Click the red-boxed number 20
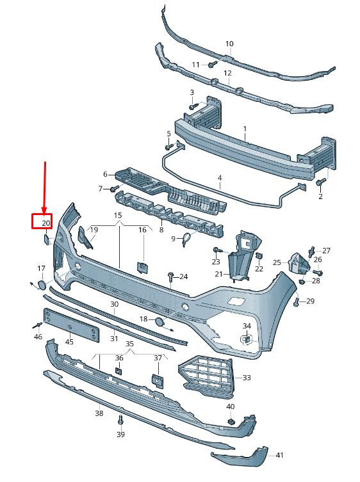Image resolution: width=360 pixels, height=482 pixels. point(46,223)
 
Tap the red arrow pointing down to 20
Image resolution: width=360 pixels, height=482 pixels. point(45,188)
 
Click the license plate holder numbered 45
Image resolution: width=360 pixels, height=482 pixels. point(71,325)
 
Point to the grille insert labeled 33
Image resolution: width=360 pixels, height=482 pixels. point(206,376)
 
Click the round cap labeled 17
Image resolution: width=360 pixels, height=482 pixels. point(41,285)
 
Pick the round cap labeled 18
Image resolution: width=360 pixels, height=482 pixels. point(160,322)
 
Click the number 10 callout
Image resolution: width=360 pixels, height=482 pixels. point(229,44)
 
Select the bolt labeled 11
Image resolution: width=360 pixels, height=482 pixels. point(212,65)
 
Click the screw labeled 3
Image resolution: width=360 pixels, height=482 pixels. point(193,106)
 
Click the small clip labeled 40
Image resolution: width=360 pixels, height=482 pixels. point(231,421)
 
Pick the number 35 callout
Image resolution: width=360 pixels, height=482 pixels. point(129,344)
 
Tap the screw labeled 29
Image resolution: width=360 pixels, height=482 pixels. point(297,301)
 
